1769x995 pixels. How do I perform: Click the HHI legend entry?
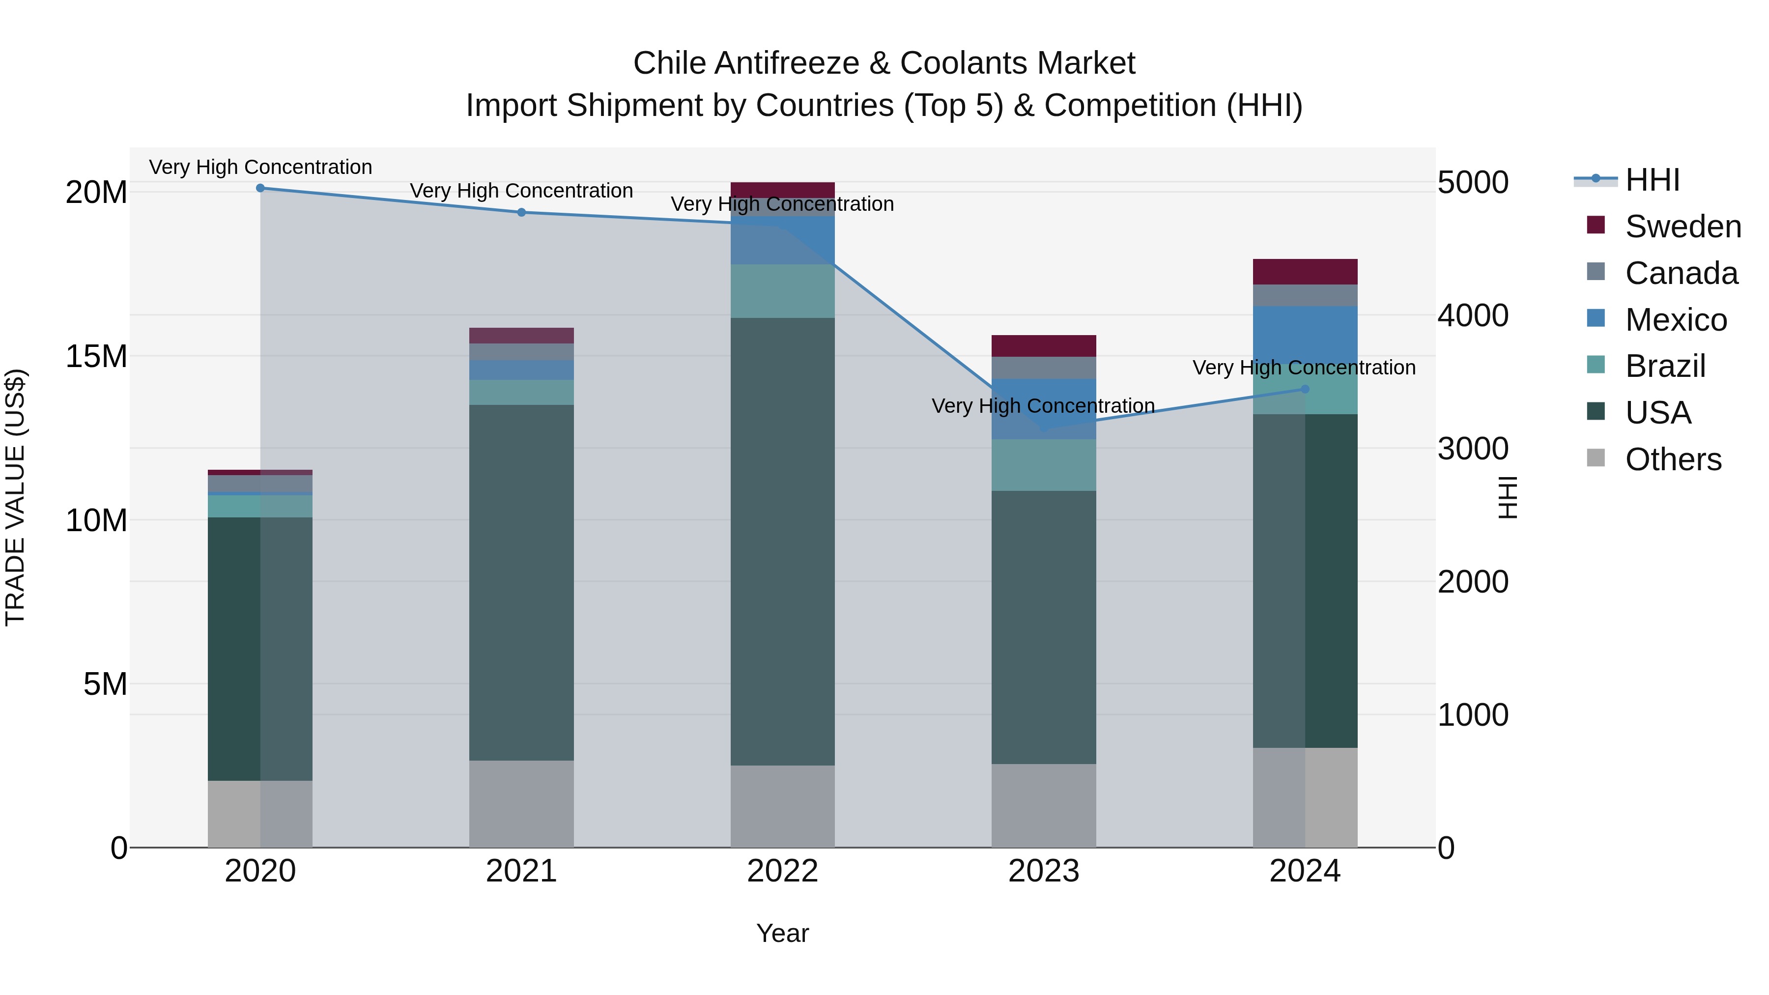(x=1652, y=180)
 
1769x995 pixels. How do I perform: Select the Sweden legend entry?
(x=1683, y=227)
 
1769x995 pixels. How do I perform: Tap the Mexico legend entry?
(x=1676, y=320)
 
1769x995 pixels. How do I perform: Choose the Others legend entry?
(x=1673, y=459)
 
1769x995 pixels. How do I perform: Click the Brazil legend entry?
(x=1665, y=366)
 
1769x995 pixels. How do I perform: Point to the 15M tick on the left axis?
(x=96, y=356)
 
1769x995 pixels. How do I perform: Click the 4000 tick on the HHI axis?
(x=1473, y=316)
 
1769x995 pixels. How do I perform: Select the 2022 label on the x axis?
(x=782, y=871)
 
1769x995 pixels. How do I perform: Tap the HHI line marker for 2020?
(x=260, y=188)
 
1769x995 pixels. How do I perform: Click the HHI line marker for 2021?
(x=521, y=213)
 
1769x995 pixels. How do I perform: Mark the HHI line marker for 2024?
(x=1305, y=389)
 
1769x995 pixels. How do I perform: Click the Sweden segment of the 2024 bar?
(x=1305, y=272)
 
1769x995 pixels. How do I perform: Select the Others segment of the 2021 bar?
(x=521, y=803)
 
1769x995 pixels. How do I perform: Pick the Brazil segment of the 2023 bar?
(x=1043, y=465)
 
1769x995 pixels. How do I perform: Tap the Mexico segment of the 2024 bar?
(x=1305, y=335)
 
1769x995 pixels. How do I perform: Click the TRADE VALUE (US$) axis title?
(x=15, y=497)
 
